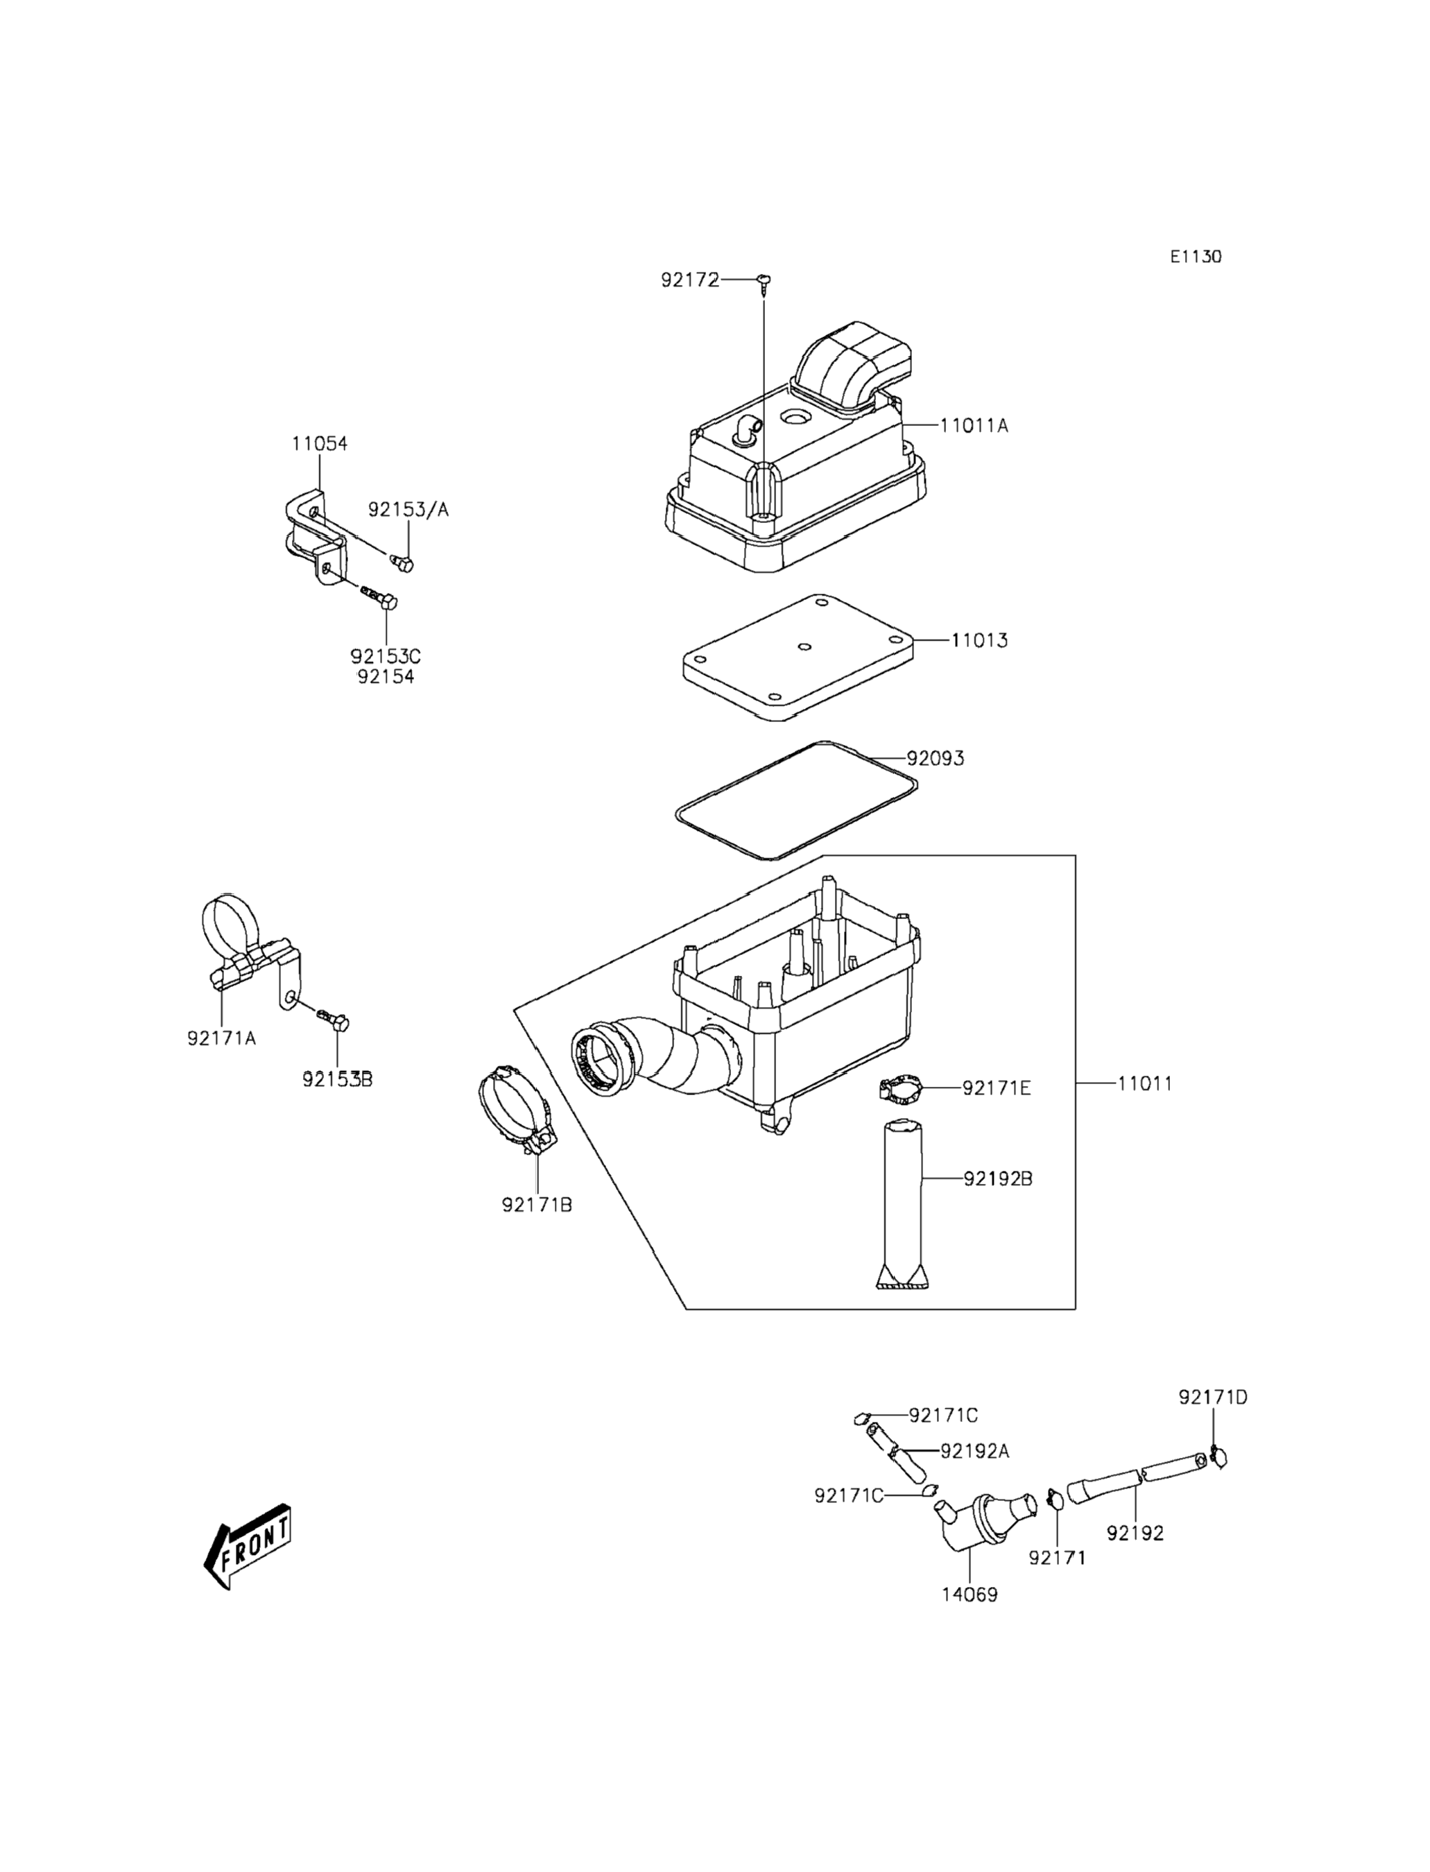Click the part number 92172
(689, 280)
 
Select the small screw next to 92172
(764, 281)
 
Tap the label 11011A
(974, 426)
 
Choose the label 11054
(319, 443)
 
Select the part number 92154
(386, 677)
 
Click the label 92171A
(221, 1038)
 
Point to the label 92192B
(997, 1179)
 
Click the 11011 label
(1144, 1083)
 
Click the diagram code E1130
(1195, 256)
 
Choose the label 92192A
(974, 1450)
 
